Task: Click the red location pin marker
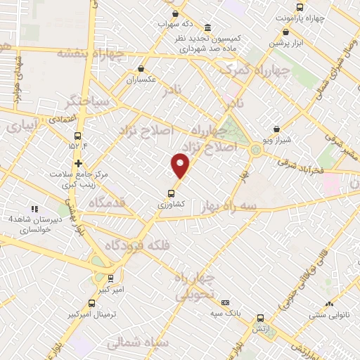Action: [x=181, y=165]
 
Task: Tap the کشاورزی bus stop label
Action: [x=171, y=202]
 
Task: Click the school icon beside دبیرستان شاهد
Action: [x=34, y=209]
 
